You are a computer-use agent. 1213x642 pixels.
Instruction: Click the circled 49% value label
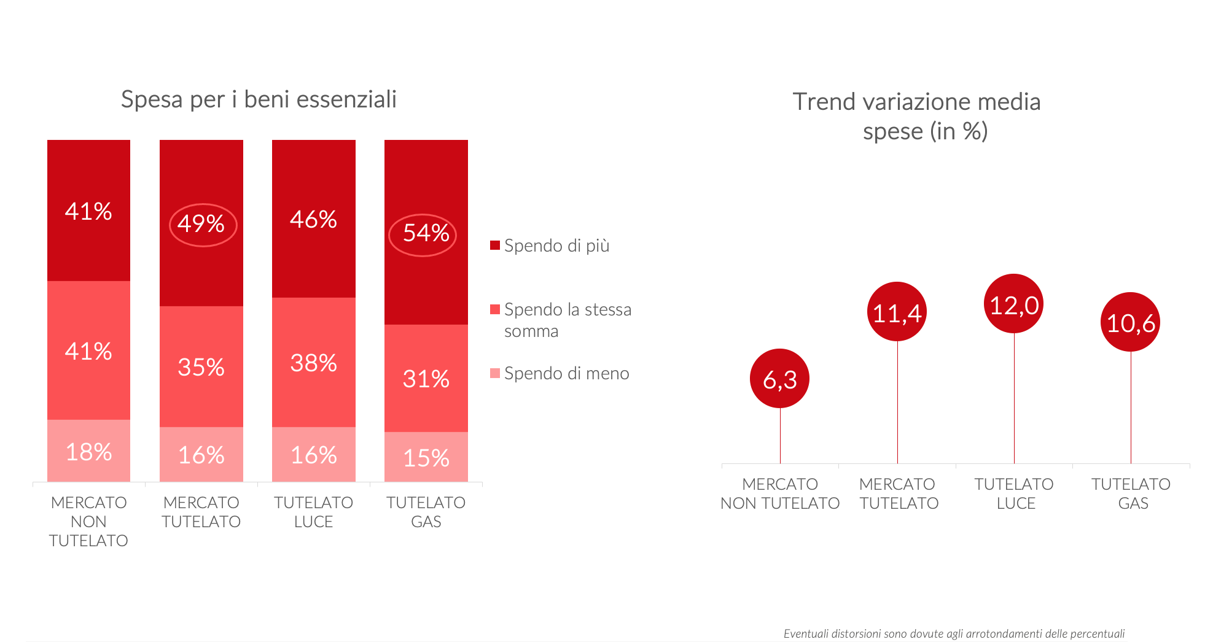(201, 224)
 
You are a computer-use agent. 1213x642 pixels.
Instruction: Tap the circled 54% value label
(425, 234)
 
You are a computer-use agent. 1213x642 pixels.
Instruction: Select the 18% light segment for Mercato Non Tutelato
(88, 452)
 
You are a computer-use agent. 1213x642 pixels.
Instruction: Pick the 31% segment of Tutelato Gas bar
(426, 379)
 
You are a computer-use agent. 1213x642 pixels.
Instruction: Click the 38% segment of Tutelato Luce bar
(313, 363)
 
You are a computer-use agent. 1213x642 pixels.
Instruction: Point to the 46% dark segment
(313, 219)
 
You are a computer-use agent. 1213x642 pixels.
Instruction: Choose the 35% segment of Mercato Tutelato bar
(201, 367)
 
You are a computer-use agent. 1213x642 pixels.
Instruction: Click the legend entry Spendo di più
(556, 246)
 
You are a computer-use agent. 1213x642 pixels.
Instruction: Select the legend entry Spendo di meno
(566, 374)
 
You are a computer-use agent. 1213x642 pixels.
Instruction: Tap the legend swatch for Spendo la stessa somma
(495, 309)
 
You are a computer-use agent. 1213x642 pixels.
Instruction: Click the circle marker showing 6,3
(779, 379)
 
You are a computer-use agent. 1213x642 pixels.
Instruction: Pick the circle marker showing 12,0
(1013, 304)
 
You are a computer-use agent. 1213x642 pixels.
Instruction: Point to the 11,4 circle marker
(897, 312)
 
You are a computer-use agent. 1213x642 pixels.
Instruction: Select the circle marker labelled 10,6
(1130, 322)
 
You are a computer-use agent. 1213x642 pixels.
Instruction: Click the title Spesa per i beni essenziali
(259, 99)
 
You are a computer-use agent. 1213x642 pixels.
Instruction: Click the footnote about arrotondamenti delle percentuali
(954, 634)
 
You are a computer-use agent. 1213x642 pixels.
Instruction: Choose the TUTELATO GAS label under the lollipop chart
(1131, 493)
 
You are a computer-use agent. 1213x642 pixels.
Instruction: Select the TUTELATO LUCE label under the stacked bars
(313, 512)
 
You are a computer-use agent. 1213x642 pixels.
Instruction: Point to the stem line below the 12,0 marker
(1014, 399)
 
